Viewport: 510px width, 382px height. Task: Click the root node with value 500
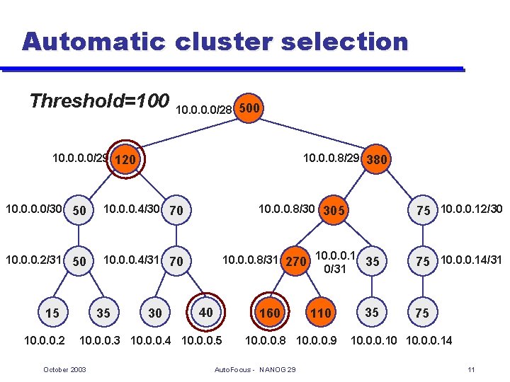pos(251,109)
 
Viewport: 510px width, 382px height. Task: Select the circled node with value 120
pos(125,160)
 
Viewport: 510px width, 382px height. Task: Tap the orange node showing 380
pos(376,160)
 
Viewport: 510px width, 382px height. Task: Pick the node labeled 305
pos(333,210)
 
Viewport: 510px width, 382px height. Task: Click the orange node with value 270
pos(297,262)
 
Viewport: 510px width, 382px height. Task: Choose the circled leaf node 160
pos(270,313)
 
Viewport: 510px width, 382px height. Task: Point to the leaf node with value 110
pos(321,313)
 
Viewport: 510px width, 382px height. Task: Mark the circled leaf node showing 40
pos(205,312)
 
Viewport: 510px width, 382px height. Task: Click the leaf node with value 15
pos(52,313)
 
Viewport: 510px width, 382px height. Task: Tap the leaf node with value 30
pos(154,313)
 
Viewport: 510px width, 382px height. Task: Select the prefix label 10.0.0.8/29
pos(331,158)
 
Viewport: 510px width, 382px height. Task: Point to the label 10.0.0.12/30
pos(471,209)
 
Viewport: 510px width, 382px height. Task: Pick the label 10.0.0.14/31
pos(471,260)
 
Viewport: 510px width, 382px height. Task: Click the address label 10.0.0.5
pos(203,341)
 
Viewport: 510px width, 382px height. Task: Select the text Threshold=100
pos(99,100)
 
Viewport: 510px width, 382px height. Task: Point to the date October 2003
pos(65,370)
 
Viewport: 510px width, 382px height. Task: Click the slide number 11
pos(471,370)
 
